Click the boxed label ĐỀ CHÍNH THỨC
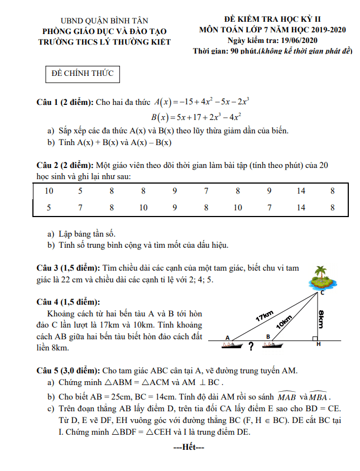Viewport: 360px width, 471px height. (x=82, y=74)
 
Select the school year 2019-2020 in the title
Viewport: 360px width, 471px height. (x=317, y=30)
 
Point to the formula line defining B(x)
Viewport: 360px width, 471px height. (x=196, y=117)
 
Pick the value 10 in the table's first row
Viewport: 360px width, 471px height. (x=49, y=191)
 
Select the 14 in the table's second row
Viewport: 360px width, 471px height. (x=301, y=208)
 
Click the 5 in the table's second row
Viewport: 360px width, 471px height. (x=49, y=208)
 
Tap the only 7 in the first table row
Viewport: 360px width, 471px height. (x=207, y=191)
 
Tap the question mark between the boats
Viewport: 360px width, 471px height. (x=251, y=347)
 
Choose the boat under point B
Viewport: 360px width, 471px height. (x=272, y=345)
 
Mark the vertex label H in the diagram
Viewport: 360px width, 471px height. (x=318, y=344)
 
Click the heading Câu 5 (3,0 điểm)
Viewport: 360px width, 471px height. (x=69, y=371)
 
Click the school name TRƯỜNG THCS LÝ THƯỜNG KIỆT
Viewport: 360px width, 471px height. (x=104, y=41)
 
